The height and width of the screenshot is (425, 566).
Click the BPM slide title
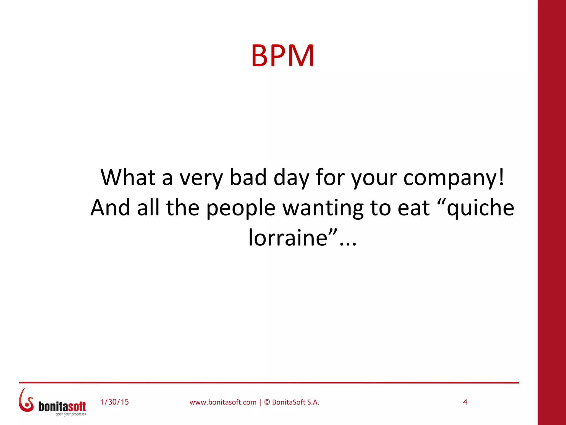click(283, 56)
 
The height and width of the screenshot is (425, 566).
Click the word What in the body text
click(128, 177)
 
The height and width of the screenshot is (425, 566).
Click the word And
click(110, 208)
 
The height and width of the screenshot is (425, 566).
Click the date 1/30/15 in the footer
click(114, 402)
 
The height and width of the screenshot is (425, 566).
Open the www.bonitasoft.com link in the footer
click(223, 402)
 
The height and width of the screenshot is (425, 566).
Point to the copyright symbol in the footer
click(267, 402)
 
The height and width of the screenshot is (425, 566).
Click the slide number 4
click(465, 402)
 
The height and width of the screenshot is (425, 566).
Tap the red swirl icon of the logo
click(26, 401)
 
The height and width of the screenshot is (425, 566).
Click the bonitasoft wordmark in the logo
click(62, 406)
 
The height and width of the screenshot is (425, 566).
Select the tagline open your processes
click(71, 414)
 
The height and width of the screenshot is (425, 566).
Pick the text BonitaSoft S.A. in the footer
click(295, 402)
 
